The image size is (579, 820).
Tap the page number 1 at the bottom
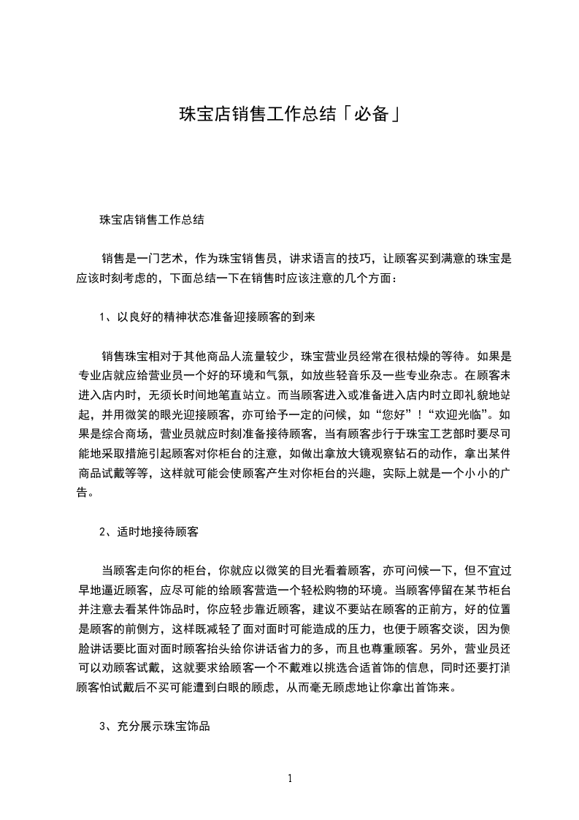click(290, 778)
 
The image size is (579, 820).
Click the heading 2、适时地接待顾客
click(149, 532)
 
